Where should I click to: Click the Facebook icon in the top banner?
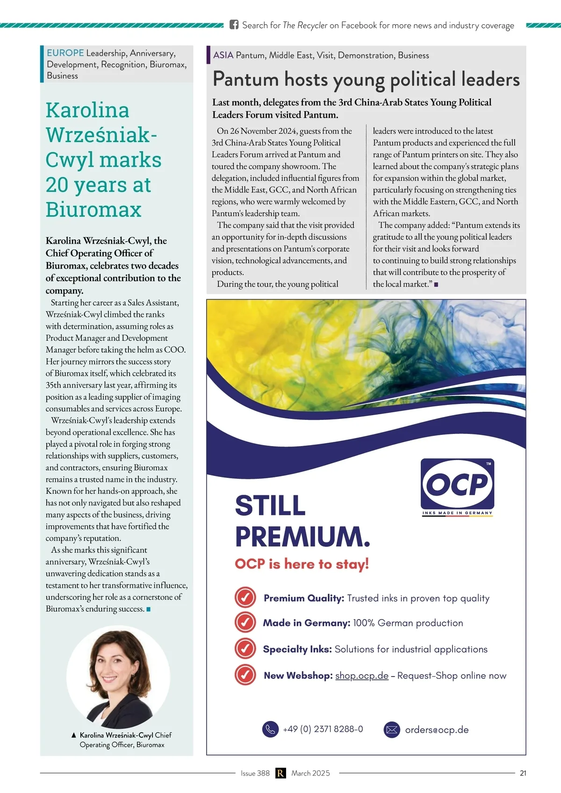(x=234, y=25)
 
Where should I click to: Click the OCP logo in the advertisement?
(x=457, y=484)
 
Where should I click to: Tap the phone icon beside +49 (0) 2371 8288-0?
(x=270, y=729)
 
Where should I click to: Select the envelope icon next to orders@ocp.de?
(x=392, y=729)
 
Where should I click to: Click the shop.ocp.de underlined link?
(x=362, y=676)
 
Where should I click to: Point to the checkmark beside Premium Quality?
(x=245, y=598)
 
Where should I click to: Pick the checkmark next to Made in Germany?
(x=245, y=622)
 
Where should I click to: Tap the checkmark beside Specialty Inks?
(x=245, y=649)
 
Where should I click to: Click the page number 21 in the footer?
(x=523, y=773)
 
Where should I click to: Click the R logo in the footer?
(x=280, y=773)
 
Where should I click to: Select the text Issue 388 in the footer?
(x=255, y=773)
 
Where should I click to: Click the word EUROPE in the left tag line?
(x=65, y=53)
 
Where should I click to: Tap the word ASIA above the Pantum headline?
(x=223, y=55)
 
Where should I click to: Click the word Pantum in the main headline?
(x=245, y=79)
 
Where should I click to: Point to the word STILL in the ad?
(x=270, y=506)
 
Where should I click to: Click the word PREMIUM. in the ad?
(x=302, y=536)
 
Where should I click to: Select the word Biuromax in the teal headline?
(x=93, y=209)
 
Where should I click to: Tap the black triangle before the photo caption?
(x=74, y=735)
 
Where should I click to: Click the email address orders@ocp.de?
(x=437, y=730)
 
